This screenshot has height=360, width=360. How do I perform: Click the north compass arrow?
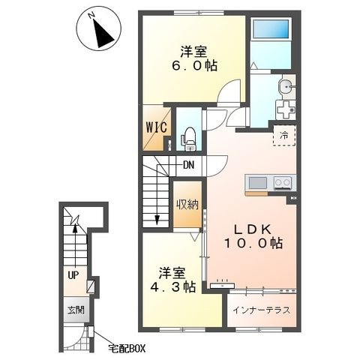point(103,33)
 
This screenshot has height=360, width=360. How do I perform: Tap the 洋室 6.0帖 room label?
point(193,58)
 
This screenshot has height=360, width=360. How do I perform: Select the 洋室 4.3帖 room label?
point(172,280)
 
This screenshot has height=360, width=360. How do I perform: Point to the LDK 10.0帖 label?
point(253,236)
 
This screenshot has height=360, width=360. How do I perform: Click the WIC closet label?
point(157,127)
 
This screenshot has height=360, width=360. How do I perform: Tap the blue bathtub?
point(271,28)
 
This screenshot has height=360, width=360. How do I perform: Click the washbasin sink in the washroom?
point(286,87)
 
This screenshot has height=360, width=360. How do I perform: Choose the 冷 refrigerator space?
point(284,136)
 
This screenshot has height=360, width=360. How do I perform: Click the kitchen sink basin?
point(258,183)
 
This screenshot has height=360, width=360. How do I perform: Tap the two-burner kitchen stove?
point(283,182)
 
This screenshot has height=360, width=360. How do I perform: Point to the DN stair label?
point(189,165)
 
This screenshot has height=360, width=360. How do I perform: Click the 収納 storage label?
point(187,205)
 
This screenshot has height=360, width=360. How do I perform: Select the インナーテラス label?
point(261,310)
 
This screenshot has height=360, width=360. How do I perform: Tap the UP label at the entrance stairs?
point(73,276)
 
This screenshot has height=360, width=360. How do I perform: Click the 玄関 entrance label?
point(76,310)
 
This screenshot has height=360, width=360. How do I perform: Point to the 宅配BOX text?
point(127,348)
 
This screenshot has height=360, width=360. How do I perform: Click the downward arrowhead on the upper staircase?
point(157,220)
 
